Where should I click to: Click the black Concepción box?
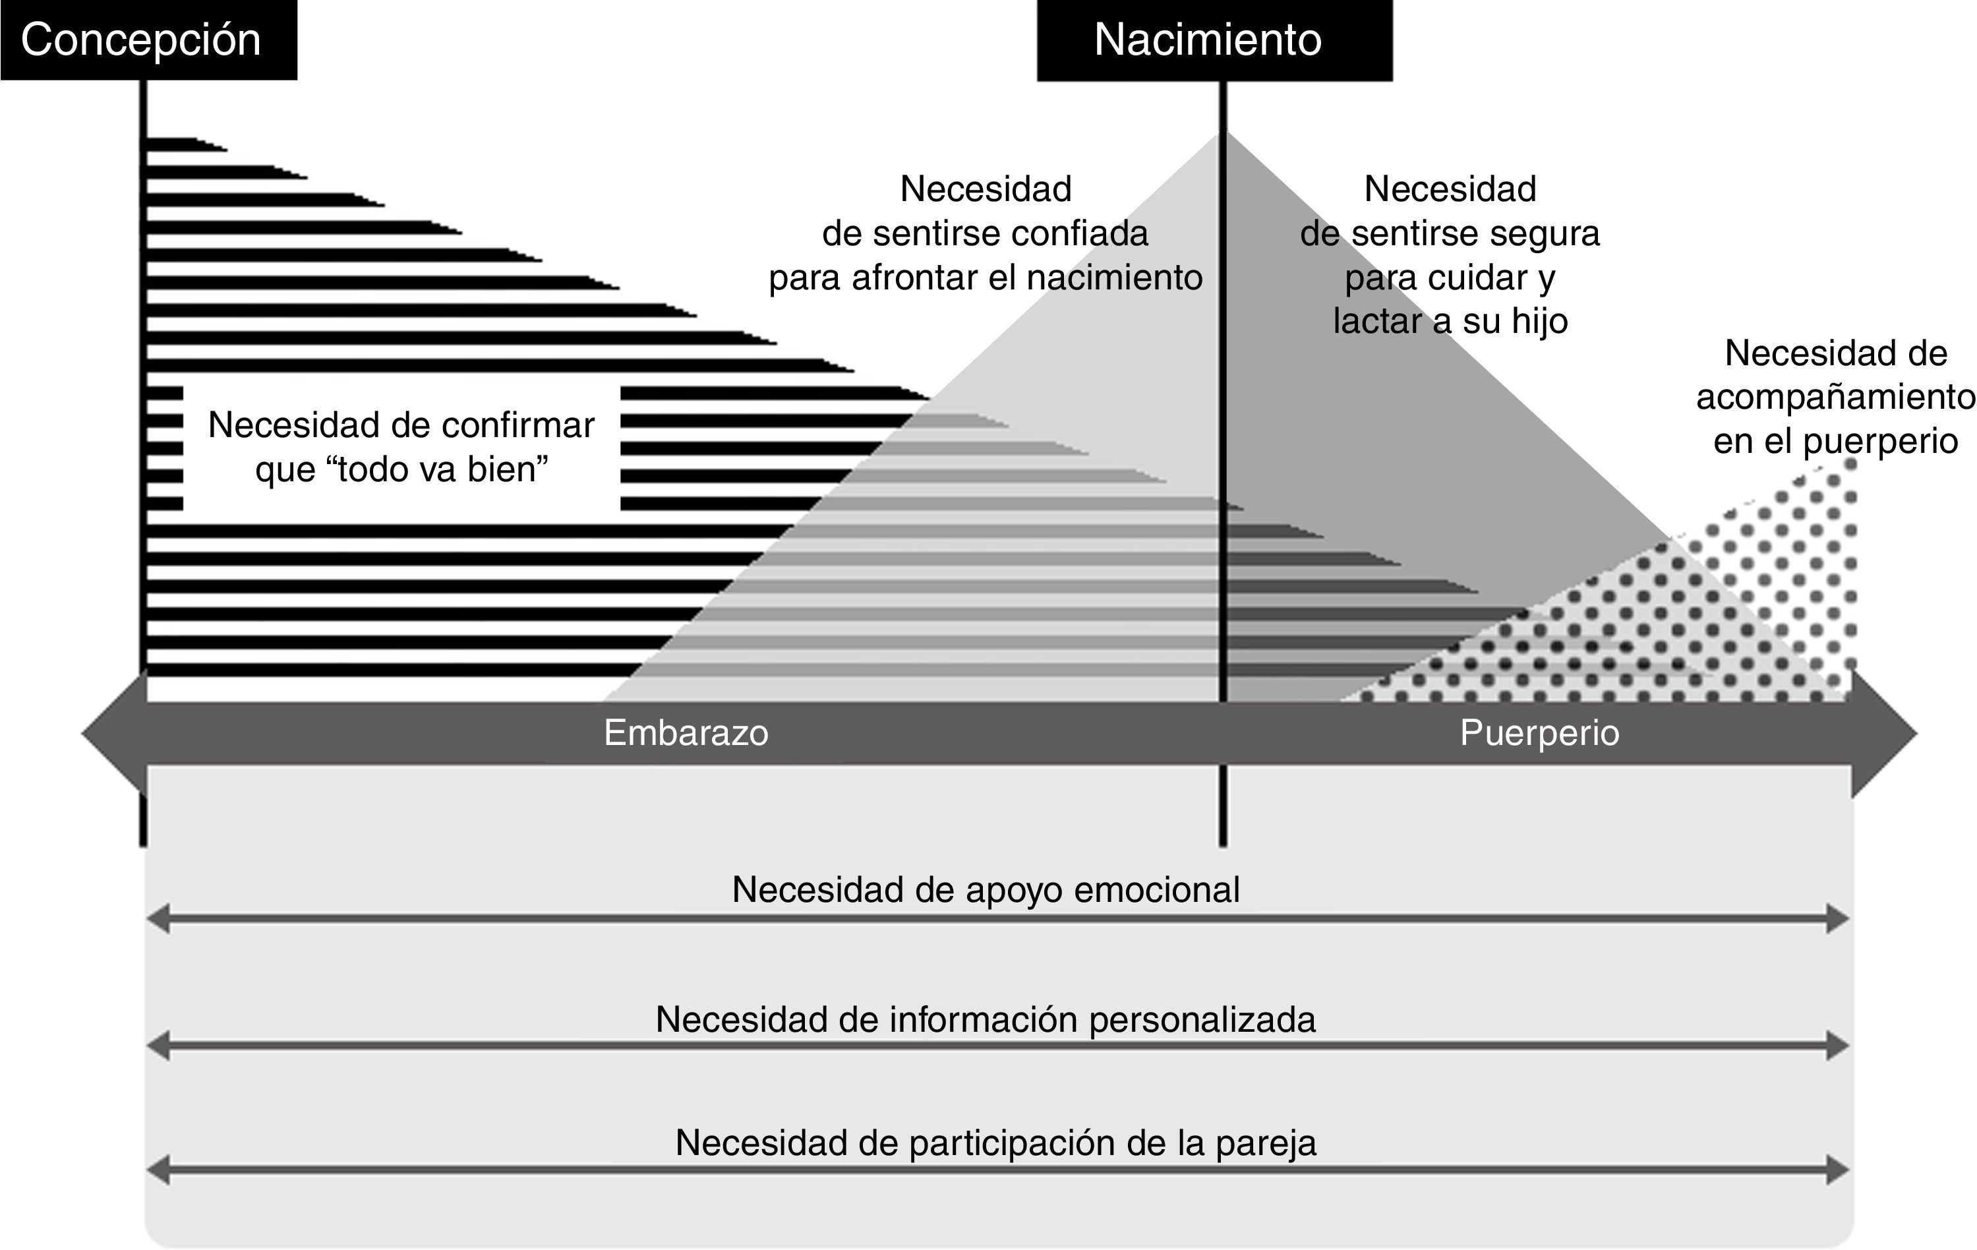[x=148, y=40]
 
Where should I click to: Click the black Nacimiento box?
[x=1214, y=40]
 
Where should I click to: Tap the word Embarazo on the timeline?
[x=686, y=732]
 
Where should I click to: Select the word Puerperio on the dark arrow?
[x=1539, y=732]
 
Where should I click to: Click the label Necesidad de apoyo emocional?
[x=986, y=890]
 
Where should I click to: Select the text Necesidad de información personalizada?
[x=986, y=1020]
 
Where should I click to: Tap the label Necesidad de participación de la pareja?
[x=995, y=1143]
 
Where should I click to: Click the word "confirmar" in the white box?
[x=517, y=425]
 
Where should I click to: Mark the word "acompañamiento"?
[x=1836, y=398]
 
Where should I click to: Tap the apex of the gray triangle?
[x=1221, y=136]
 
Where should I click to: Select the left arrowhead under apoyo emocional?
[x=158, y=918]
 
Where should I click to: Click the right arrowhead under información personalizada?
[x=1837, y=1046]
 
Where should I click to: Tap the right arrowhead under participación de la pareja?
[x=1837, y=1170]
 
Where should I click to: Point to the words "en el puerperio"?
[x=1835, y=442]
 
